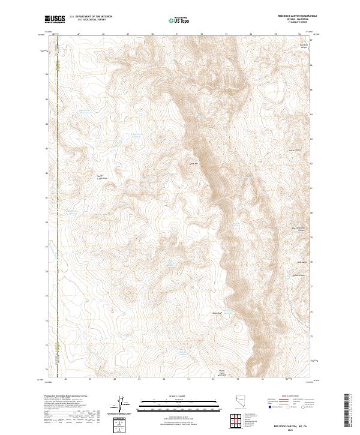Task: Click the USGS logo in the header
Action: tap(55, 20)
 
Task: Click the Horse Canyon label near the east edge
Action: tap(295, 150)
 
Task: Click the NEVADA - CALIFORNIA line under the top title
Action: tap(293, 20)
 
